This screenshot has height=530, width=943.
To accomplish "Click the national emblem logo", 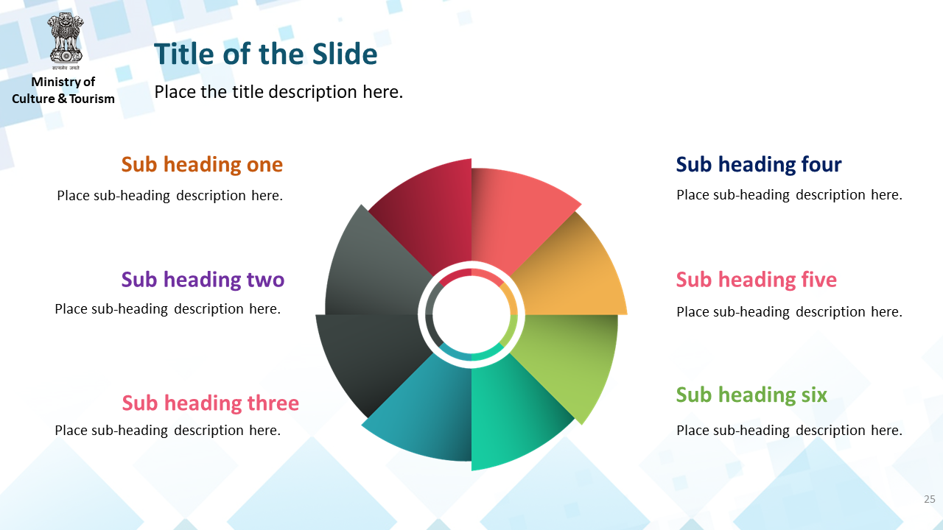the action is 66,40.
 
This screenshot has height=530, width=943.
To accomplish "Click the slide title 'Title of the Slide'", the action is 266,54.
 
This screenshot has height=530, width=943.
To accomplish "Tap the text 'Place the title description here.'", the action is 278,92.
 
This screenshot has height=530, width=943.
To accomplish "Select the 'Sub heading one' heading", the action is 202,164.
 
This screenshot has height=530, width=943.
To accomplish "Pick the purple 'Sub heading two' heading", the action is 203,280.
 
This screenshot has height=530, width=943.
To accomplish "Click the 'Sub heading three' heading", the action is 211,403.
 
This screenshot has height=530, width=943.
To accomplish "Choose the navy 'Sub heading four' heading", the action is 759,164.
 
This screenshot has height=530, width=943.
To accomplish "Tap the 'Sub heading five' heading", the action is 757,280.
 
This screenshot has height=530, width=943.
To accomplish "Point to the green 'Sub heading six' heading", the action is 751,395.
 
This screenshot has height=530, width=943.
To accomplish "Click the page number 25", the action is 930,499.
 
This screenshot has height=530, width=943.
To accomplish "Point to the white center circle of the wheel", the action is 471,314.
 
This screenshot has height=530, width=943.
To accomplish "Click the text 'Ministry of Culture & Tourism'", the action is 63,90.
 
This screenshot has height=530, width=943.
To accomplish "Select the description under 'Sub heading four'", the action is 789,195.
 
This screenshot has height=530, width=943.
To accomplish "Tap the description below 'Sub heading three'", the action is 167,431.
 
